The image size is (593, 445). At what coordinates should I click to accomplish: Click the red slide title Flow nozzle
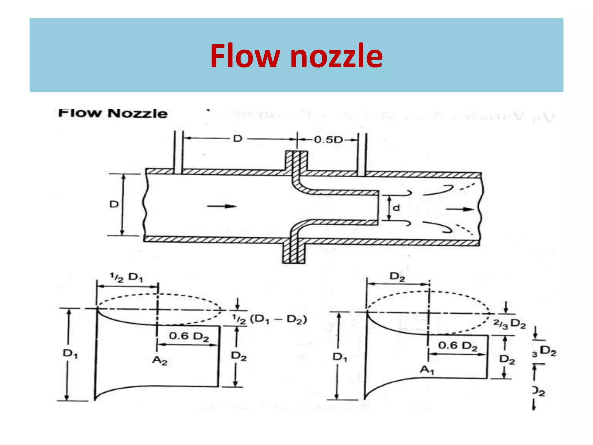[296, 56]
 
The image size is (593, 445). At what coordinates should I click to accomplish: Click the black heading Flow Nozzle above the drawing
[113, 113]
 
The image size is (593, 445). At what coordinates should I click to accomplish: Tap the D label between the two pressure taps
[237, 139]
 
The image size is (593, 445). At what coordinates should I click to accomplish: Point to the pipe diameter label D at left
[114, 205]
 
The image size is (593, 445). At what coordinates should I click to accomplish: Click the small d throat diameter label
[396, 208]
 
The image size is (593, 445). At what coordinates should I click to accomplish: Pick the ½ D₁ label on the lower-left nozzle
[126, 278]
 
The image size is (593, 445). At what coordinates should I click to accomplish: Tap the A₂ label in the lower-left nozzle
[160, 361]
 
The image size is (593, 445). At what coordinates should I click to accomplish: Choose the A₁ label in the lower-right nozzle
[427, 370]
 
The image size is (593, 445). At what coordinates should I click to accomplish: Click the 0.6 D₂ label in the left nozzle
[189, 336]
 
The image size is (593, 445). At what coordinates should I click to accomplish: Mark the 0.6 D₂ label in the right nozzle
[457, 346]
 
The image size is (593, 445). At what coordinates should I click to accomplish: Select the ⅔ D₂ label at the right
[510, 324]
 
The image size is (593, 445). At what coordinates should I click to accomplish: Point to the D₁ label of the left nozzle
[70, 353]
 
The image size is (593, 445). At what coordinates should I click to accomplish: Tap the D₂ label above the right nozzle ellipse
[398, 277]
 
